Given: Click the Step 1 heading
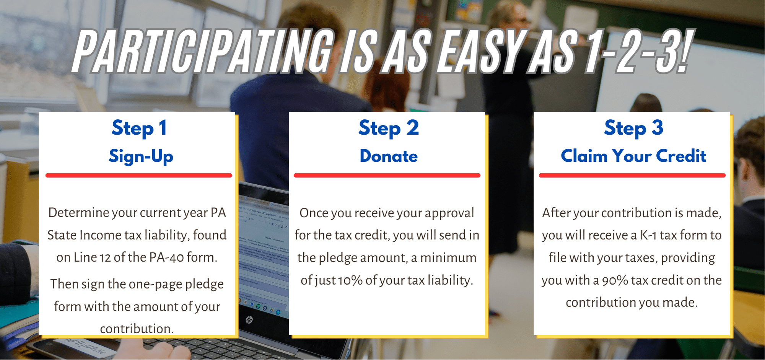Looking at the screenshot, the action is (139, 128).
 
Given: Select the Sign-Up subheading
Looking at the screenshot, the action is (141, 156).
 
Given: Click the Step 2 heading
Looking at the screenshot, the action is (389, 128).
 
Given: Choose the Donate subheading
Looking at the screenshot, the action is (389, 156).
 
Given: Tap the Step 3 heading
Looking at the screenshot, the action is (633, 128).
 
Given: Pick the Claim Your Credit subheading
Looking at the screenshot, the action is (633, 156).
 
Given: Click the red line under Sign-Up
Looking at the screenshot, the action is (139, 175).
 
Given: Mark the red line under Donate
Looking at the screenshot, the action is (387, 175).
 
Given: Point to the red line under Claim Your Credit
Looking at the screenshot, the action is (632, 175).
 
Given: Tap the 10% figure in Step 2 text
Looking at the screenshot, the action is (350, 280).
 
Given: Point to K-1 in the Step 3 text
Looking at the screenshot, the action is (648, 235).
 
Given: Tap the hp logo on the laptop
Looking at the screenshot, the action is (249, 319).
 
